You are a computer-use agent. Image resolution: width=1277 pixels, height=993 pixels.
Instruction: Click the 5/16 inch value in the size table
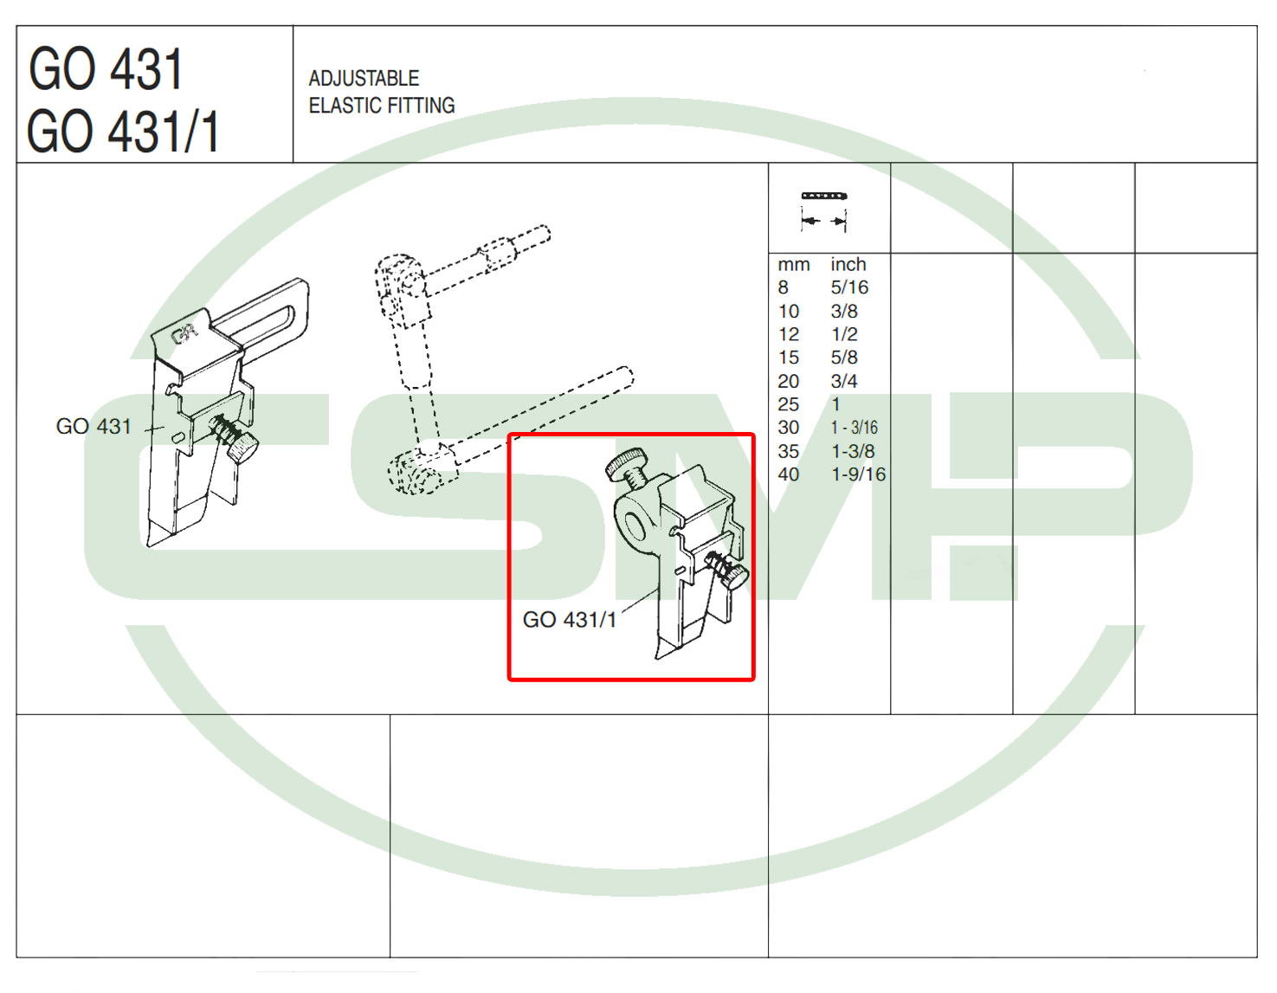(849, 287)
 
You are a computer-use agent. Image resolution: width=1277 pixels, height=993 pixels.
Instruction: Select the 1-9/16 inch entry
(859, 474)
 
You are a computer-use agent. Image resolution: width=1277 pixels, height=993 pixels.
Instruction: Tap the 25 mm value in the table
(788, 404)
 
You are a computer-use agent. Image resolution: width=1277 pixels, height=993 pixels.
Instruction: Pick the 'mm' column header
(793, 264)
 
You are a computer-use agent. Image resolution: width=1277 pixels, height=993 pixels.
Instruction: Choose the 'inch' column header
(848, 264)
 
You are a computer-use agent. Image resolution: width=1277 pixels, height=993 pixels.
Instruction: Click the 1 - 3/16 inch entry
(854, 427)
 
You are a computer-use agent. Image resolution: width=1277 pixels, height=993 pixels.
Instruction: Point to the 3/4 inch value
(844, 381)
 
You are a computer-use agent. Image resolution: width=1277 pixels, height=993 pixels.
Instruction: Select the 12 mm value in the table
(788, 334)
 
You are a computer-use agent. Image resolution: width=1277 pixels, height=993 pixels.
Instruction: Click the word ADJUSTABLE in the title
(364, 78)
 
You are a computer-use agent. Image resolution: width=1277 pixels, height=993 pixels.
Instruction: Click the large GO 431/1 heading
(123, 132)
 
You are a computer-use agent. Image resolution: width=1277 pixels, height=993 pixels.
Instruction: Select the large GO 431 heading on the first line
(106, 69)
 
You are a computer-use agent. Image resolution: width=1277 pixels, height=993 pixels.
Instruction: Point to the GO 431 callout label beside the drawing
(94, 426)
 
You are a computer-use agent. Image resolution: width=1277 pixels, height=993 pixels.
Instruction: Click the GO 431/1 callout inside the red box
(570, 619)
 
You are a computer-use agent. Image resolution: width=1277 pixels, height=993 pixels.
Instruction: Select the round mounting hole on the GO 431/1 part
(635, 526)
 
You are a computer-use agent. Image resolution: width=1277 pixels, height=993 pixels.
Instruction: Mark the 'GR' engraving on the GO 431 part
(184, 334)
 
